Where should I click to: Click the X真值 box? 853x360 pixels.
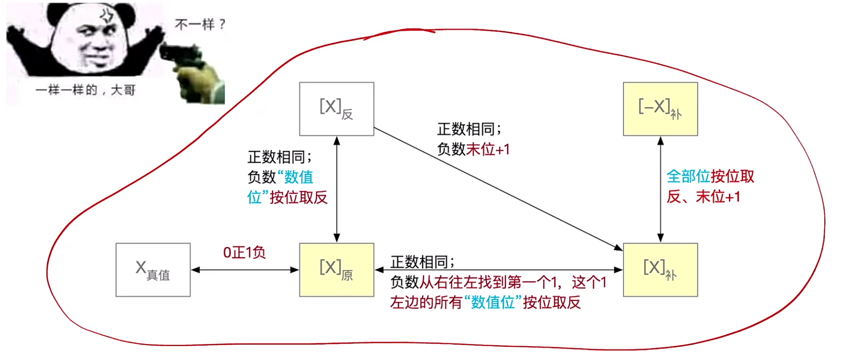pos(153,270)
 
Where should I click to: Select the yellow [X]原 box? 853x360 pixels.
pos(337,270)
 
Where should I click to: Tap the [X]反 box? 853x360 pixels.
pos(337,109)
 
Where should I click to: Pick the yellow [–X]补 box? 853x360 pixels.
pos(660,109)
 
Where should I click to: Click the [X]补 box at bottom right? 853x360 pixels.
pos(660,270)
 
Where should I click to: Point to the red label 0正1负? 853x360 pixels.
pos(244,252)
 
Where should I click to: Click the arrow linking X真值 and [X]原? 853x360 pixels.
pos(245,270)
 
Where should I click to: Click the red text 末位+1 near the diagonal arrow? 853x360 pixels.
pos(488,150)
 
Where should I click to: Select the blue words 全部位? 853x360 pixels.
pos(688,176)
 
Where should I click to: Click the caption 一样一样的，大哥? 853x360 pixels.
pos(85,90)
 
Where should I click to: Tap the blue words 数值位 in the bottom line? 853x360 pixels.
pos(493,303)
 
